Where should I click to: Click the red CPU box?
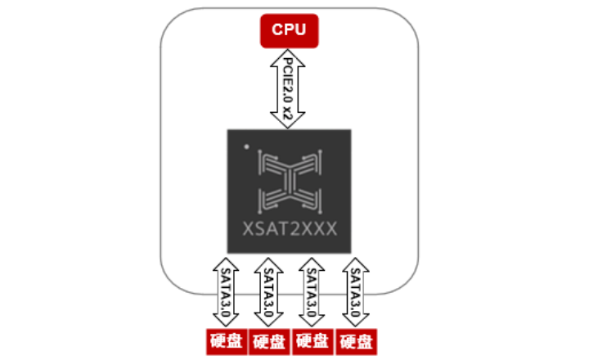click(289, 30)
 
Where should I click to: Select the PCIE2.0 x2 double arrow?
click(289, 88)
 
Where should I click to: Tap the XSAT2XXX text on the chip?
click(290, 227)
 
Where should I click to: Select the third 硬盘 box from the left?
click(312, 341)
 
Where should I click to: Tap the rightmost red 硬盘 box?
click(357, 341)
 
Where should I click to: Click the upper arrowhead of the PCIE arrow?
click(289, 54)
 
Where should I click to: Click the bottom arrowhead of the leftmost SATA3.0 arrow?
click(224, 322)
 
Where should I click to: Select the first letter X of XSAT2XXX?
click(249, 227)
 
